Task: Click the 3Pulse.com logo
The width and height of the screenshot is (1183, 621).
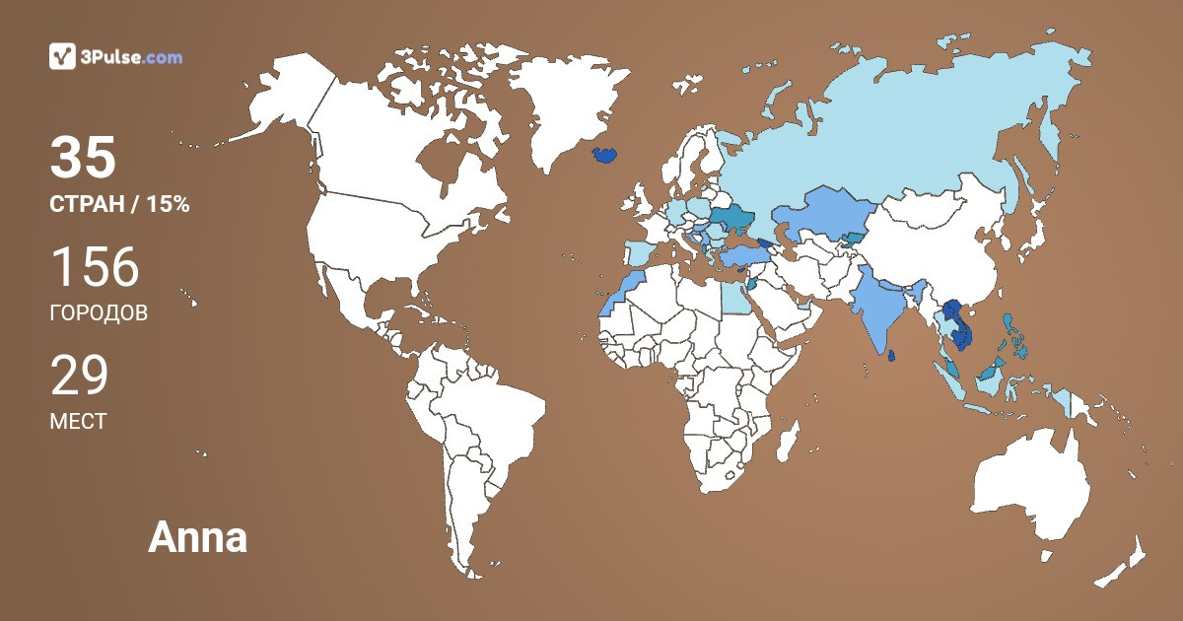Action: click(x=115, y=57)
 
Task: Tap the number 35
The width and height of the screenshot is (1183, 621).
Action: click(x=83, y=158)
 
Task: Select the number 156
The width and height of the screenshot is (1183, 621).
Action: click(x=95, y=267)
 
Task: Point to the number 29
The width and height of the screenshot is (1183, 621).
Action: click(x=79, y=376)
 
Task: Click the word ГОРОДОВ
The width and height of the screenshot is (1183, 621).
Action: click(x=99, y=313)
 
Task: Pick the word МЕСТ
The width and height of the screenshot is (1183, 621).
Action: click(x=78, y=421)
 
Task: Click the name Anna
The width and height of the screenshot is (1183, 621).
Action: click(x=197, y=538)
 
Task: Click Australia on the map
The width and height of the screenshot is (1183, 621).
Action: click(x=1030, y=493)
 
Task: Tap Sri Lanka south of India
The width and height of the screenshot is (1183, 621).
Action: click(x=891, y=355)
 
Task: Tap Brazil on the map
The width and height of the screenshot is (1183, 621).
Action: click(x=493, y=404)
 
